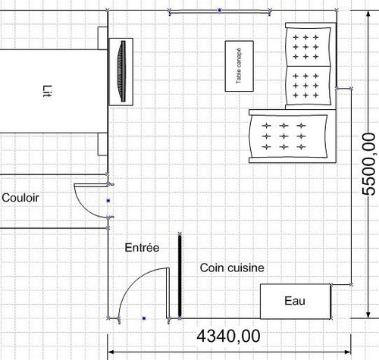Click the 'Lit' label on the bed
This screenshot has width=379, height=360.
point(47,91)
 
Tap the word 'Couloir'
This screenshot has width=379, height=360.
point(20,198)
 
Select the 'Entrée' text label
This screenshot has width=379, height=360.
point(142,248)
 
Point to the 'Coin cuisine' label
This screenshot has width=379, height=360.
point(232,268)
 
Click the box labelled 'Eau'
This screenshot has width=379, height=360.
point(296,301)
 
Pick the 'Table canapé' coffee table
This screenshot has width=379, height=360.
point(240,66)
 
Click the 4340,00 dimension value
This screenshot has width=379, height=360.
point(228,337)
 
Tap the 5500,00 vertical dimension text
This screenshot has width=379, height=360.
point(368,164)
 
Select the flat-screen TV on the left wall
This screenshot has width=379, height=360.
point(121,71)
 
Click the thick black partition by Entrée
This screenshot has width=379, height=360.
point(180,276)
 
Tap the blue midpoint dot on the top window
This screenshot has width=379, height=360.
point(220,11)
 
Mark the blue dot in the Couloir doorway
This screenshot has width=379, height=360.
point(108,201)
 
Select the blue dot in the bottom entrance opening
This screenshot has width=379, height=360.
point(144,318)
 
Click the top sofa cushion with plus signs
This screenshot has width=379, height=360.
point(308,47)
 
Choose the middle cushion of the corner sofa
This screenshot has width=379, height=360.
point(308,86)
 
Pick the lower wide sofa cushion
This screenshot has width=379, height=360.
point(288,136)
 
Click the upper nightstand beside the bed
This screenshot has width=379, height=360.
point(102,38)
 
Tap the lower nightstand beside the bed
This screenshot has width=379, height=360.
point(102,144)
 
